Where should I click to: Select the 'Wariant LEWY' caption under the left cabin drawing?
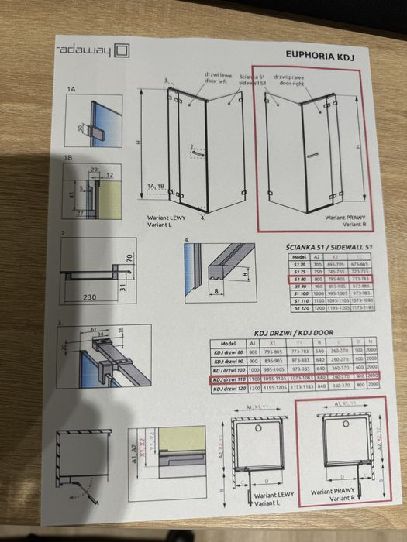pyautogui.click(x=167, y=220)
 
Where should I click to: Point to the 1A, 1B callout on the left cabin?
pyautogui.click(x=157, y=187)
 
